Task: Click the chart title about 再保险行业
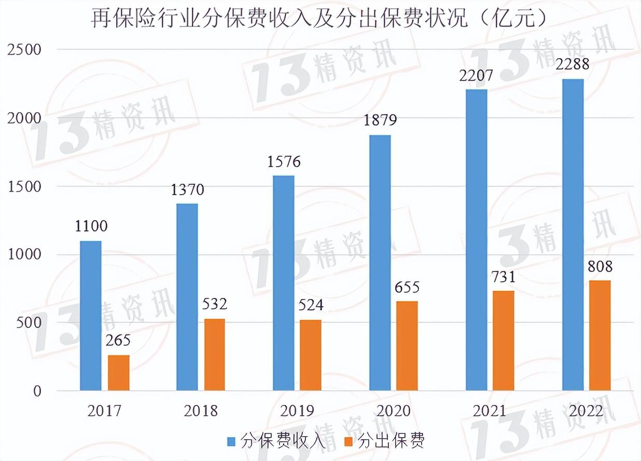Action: pos(319,19)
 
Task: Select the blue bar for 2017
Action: pos(91,316)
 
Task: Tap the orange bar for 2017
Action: pos(118,373)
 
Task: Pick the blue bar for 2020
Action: pos(380,263)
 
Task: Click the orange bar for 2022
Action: pos(600,335)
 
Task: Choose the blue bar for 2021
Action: pos(477,240)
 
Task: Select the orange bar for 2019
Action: pos(311,355)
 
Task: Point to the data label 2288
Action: pos(573,64)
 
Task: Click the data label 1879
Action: pos(380,120)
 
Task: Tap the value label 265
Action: pos(118,341)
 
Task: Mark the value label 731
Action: pos(504,277)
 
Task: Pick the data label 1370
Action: pos(187,189)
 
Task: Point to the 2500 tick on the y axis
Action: pos(24,50)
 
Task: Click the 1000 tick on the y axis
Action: pos(24,254)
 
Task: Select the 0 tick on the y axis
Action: pos(37,391)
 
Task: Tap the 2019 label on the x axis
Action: pos(297,411)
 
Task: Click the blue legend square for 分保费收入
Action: pos(231,441)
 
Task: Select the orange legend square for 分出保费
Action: pos(349,441)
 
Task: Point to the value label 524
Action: pos(311,305)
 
